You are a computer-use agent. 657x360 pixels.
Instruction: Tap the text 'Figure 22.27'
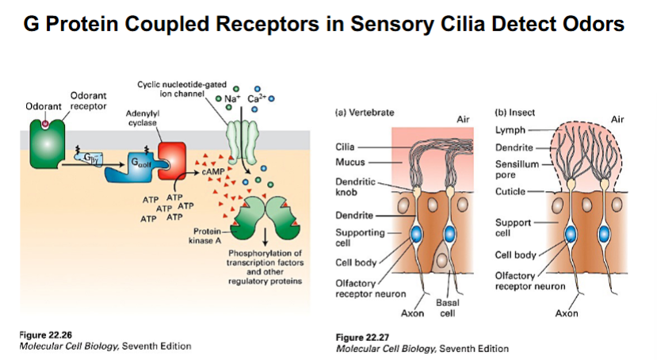pyautogui.click(x=364, y=338)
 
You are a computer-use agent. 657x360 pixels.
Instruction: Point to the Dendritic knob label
pyautogui.click(x=351, y=187)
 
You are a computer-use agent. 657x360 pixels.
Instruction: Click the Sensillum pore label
pyautogui.click(x=516, y=168)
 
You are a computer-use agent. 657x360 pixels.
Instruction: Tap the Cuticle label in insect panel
pyautogui.click(x=510, y=192)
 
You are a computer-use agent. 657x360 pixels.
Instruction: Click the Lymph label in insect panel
pyautogui.click(x=510, y=129)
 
